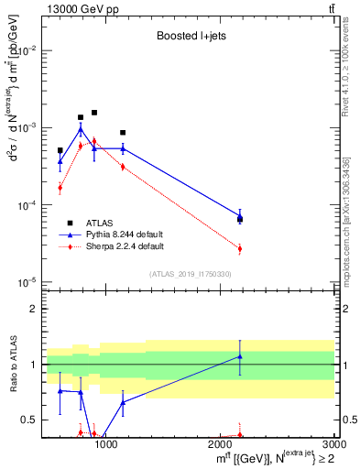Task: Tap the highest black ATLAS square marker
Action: [x=93, y=113]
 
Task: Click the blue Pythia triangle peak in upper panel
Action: [x=81, y=130]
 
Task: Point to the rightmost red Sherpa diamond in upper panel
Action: [x=240, y=248]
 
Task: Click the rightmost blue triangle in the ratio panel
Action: [x=240, y=356]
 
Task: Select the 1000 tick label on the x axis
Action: [x=106, y=445]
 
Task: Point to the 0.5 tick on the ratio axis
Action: [x=29, y=420]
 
